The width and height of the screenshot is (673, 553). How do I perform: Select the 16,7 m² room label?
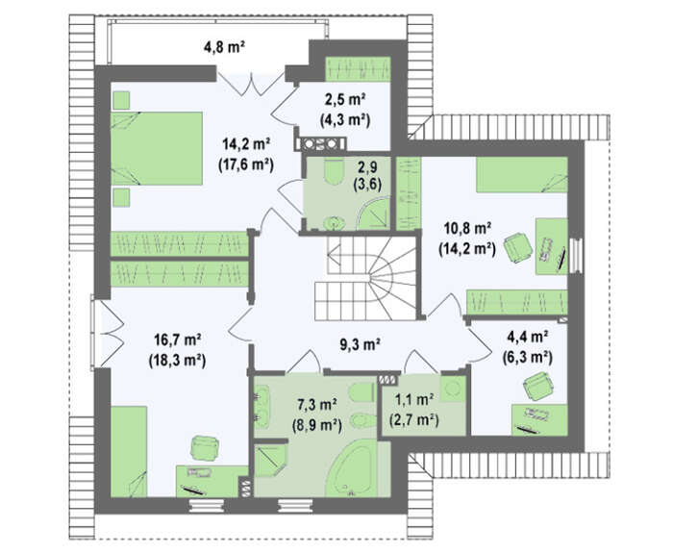point(178,339)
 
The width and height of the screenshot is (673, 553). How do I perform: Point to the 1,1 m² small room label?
point(413,400)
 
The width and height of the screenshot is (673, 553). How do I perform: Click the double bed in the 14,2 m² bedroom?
point(156,148)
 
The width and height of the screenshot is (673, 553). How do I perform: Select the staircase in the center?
point(365,278)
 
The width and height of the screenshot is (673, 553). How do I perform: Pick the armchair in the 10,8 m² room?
point(518,247)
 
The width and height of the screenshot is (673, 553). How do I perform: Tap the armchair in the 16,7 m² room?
point(205,448)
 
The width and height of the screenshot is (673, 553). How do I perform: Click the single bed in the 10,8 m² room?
point(522,175)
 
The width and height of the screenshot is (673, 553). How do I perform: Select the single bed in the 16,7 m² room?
point(129,452)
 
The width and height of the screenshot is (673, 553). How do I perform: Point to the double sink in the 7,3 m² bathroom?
point(262,407)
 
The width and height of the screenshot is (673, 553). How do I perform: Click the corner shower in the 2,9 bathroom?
point(374,214)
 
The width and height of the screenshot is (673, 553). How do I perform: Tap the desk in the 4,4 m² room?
point(539,420)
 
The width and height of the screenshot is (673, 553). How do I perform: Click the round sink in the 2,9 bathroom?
point(334,223)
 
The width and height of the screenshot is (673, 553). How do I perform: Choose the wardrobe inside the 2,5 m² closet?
point(358,68)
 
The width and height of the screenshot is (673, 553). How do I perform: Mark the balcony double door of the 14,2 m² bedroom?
point(250,84)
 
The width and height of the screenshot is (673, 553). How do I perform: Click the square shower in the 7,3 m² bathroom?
point(270,461)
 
